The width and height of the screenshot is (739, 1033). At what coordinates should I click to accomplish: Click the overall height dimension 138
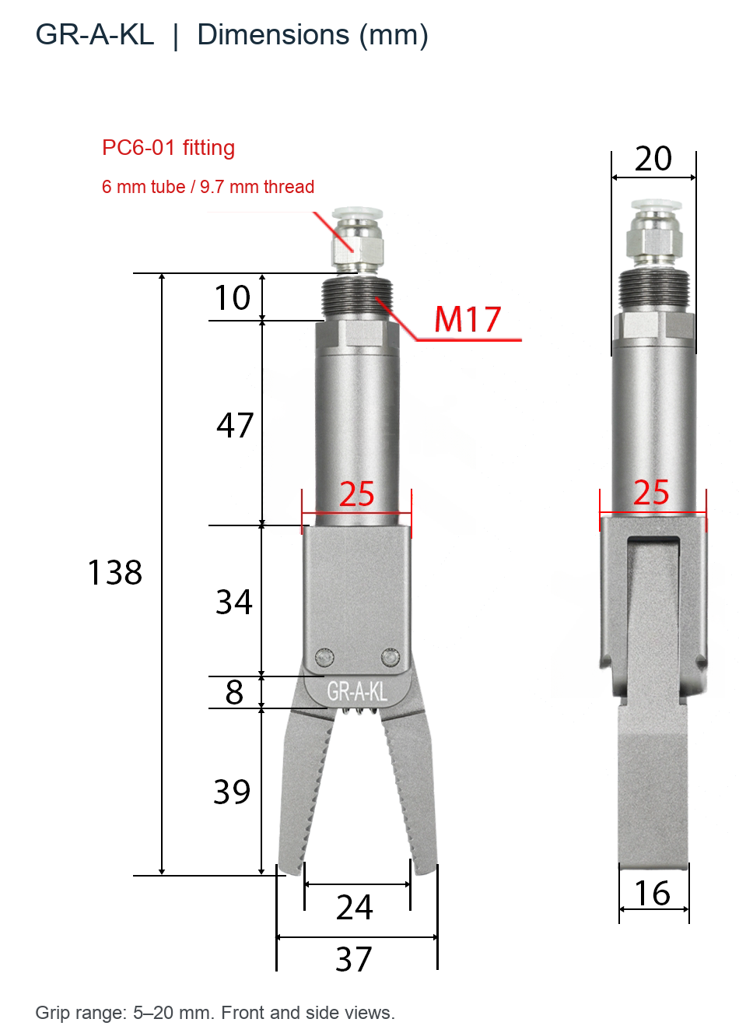[x=114, y=572]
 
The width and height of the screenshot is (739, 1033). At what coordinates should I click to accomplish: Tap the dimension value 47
[x=235, y=425]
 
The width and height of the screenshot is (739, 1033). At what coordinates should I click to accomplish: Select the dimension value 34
[x=234, y=602]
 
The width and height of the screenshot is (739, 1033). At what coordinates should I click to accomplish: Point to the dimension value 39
[x=232, y=792]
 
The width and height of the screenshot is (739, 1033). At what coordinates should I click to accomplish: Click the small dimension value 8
[x=234, y=692]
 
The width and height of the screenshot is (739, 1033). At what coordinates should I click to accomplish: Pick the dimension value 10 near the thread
[x=233, y=297]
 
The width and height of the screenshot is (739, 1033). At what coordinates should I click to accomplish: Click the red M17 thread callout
[x=468, y=319]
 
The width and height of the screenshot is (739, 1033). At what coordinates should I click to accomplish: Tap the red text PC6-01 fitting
[x=168, y=148]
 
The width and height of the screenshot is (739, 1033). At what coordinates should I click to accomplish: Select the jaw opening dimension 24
[x=354, y=907]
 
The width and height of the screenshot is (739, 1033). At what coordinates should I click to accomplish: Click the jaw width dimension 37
[x=353, y=959]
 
